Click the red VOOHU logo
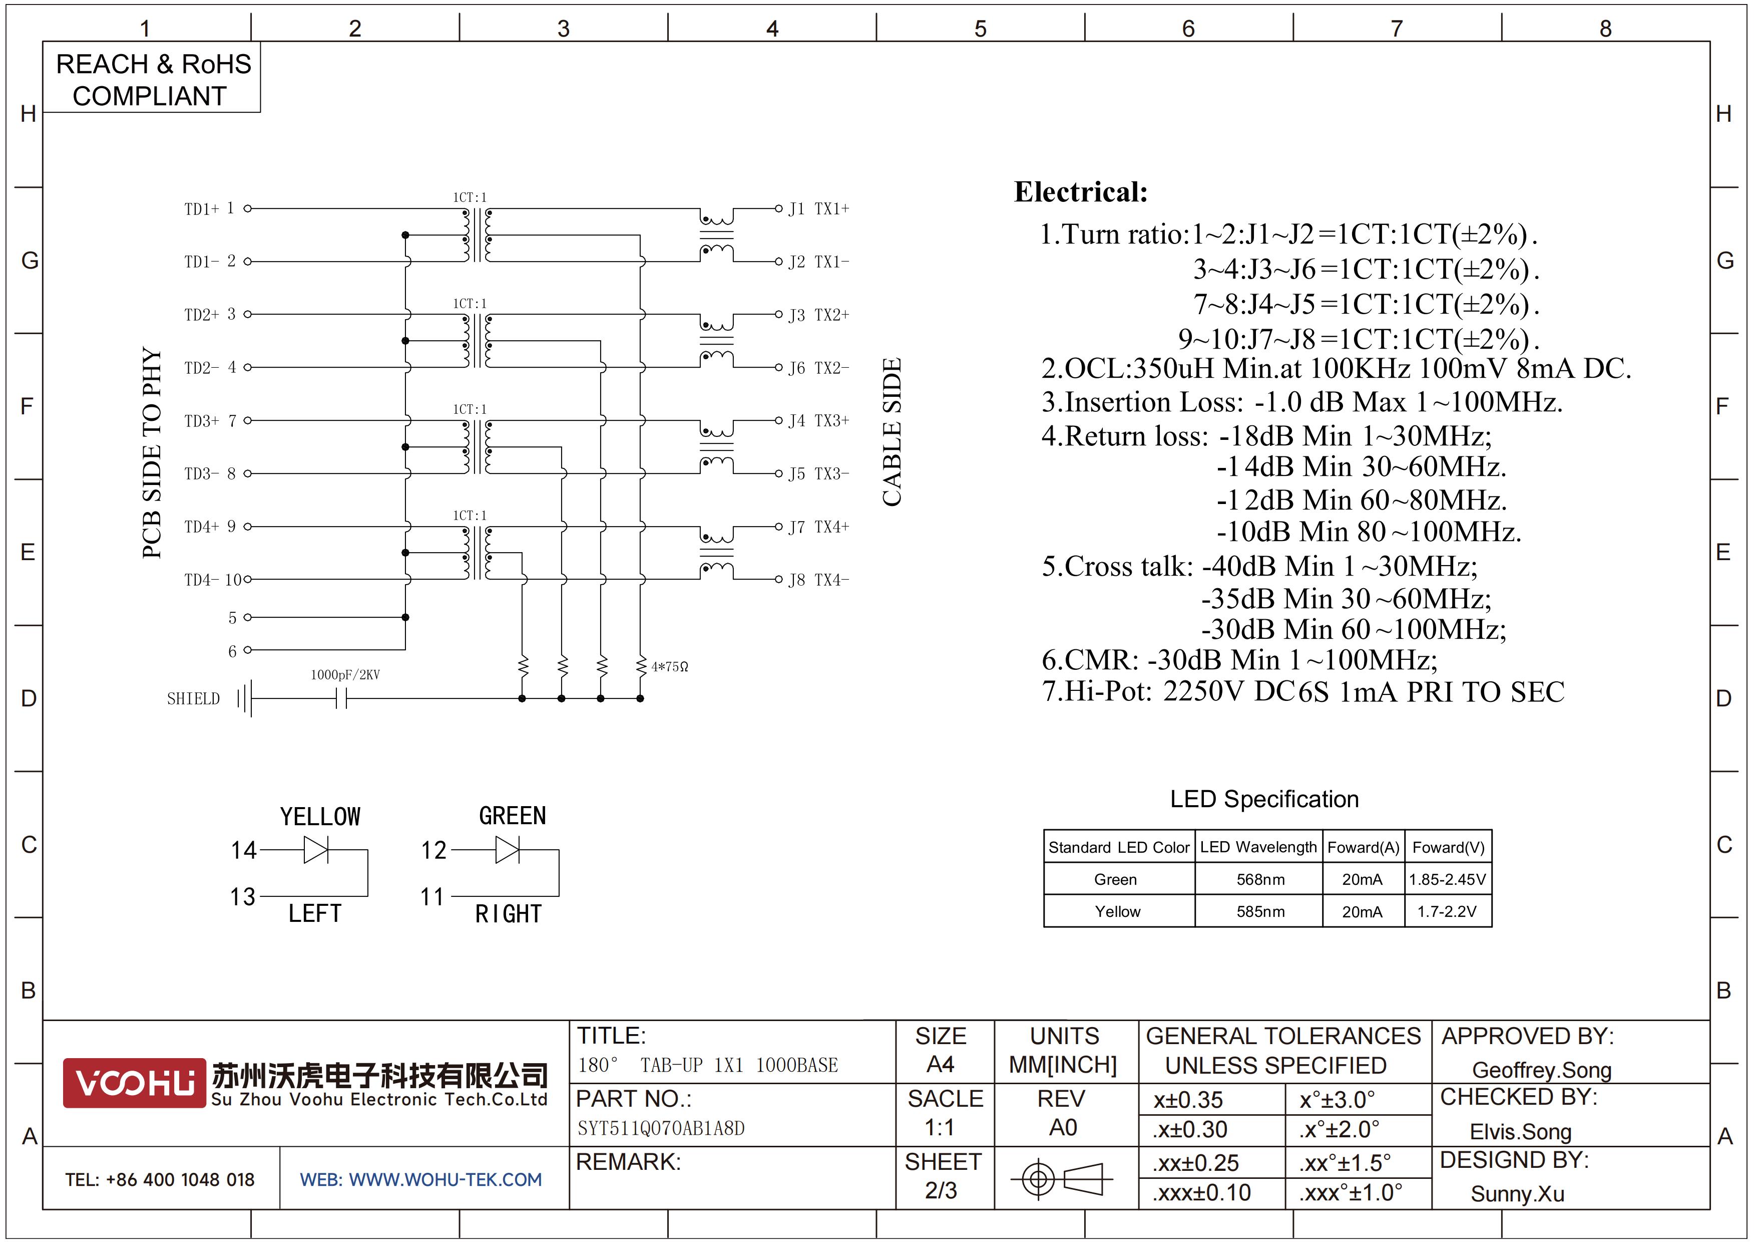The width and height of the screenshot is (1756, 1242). click(134, 1083)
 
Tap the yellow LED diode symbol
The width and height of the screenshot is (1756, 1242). click(316, 849)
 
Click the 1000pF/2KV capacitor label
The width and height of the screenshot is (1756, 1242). click(345, 674)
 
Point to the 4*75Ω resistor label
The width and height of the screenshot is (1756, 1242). click(670, 666)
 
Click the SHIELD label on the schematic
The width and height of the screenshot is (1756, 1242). click(194, 699)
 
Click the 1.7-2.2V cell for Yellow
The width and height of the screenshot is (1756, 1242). click(1447, 911)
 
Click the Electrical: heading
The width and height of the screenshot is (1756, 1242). click(1081, 192)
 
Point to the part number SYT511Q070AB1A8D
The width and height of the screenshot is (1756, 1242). click(661, 1128)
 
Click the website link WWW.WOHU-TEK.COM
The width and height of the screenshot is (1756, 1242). click(445, 1179)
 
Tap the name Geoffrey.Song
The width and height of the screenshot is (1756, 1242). click(1542, 1070)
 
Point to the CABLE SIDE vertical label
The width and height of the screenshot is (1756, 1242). click(893, 432)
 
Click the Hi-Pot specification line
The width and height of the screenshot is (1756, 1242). click(1303, 692)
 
